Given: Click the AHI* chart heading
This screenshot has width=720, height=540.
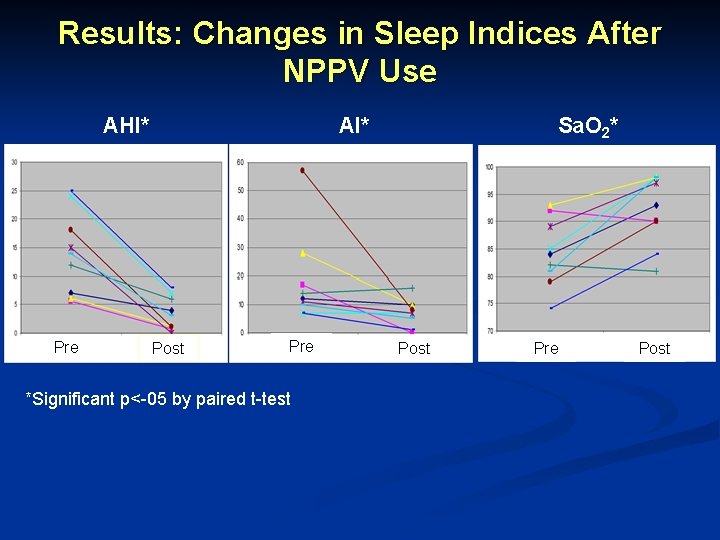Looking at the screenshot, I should click(x=126, y=126).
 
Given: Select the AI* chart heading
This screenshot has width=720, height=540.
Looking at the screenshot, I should click(x=354, y=126).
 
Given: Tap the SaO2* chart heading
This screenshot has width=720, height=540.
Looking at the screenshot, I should click(x=587, y=126).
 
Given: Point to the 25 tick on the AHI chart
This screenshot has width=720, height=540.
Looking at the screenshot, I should click(x=13, y=191).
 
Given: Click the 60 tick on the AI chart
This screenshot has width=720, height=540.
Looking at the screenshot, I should click(x=240, y=163).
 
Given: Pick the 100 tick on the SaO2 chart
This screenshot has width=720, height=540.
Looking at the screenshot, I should click(x=488, y=167).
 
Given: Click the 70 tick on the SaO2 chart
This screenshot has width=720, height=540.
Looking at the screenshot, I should click(x=488, y=330).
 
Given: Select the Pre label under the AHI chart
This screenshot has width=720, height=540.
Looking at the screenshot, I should click(x=66, y=347).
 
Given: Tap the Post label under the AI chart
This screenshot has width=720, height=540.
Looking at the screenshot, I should click(x=414, y=348).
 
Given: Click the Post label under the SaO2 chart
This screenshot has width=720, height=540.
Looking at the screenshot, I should click(x=654, y=348).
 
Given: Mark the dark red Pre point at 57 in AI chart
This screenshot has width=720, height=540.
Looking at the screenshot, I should click(x=303, y=171).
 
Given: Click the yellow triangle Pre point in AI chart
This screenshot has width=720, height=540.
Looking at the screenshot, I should click(x=303, y=253).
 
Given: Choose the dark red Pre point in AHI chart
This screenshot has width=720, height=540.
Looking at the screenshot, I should click(x=71, y=230).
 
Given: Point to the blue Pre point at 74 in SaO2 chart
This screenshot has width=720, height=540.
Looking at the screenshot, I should click(x=550, y=308).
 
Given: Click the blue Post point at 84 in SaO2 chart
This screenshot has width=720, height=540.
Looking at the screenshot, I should click(x=656, y=253).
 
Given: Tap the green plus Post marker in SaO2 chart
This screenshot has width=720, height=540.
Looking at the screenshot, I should click(x=656, y=271).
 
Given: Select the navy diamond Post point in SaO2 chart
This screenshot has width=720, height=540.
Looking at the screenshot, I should click(x=656, y=205).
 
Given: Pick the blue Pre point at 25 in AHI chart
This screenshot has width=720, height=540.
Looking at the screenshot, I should click(x=71, y=191).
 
